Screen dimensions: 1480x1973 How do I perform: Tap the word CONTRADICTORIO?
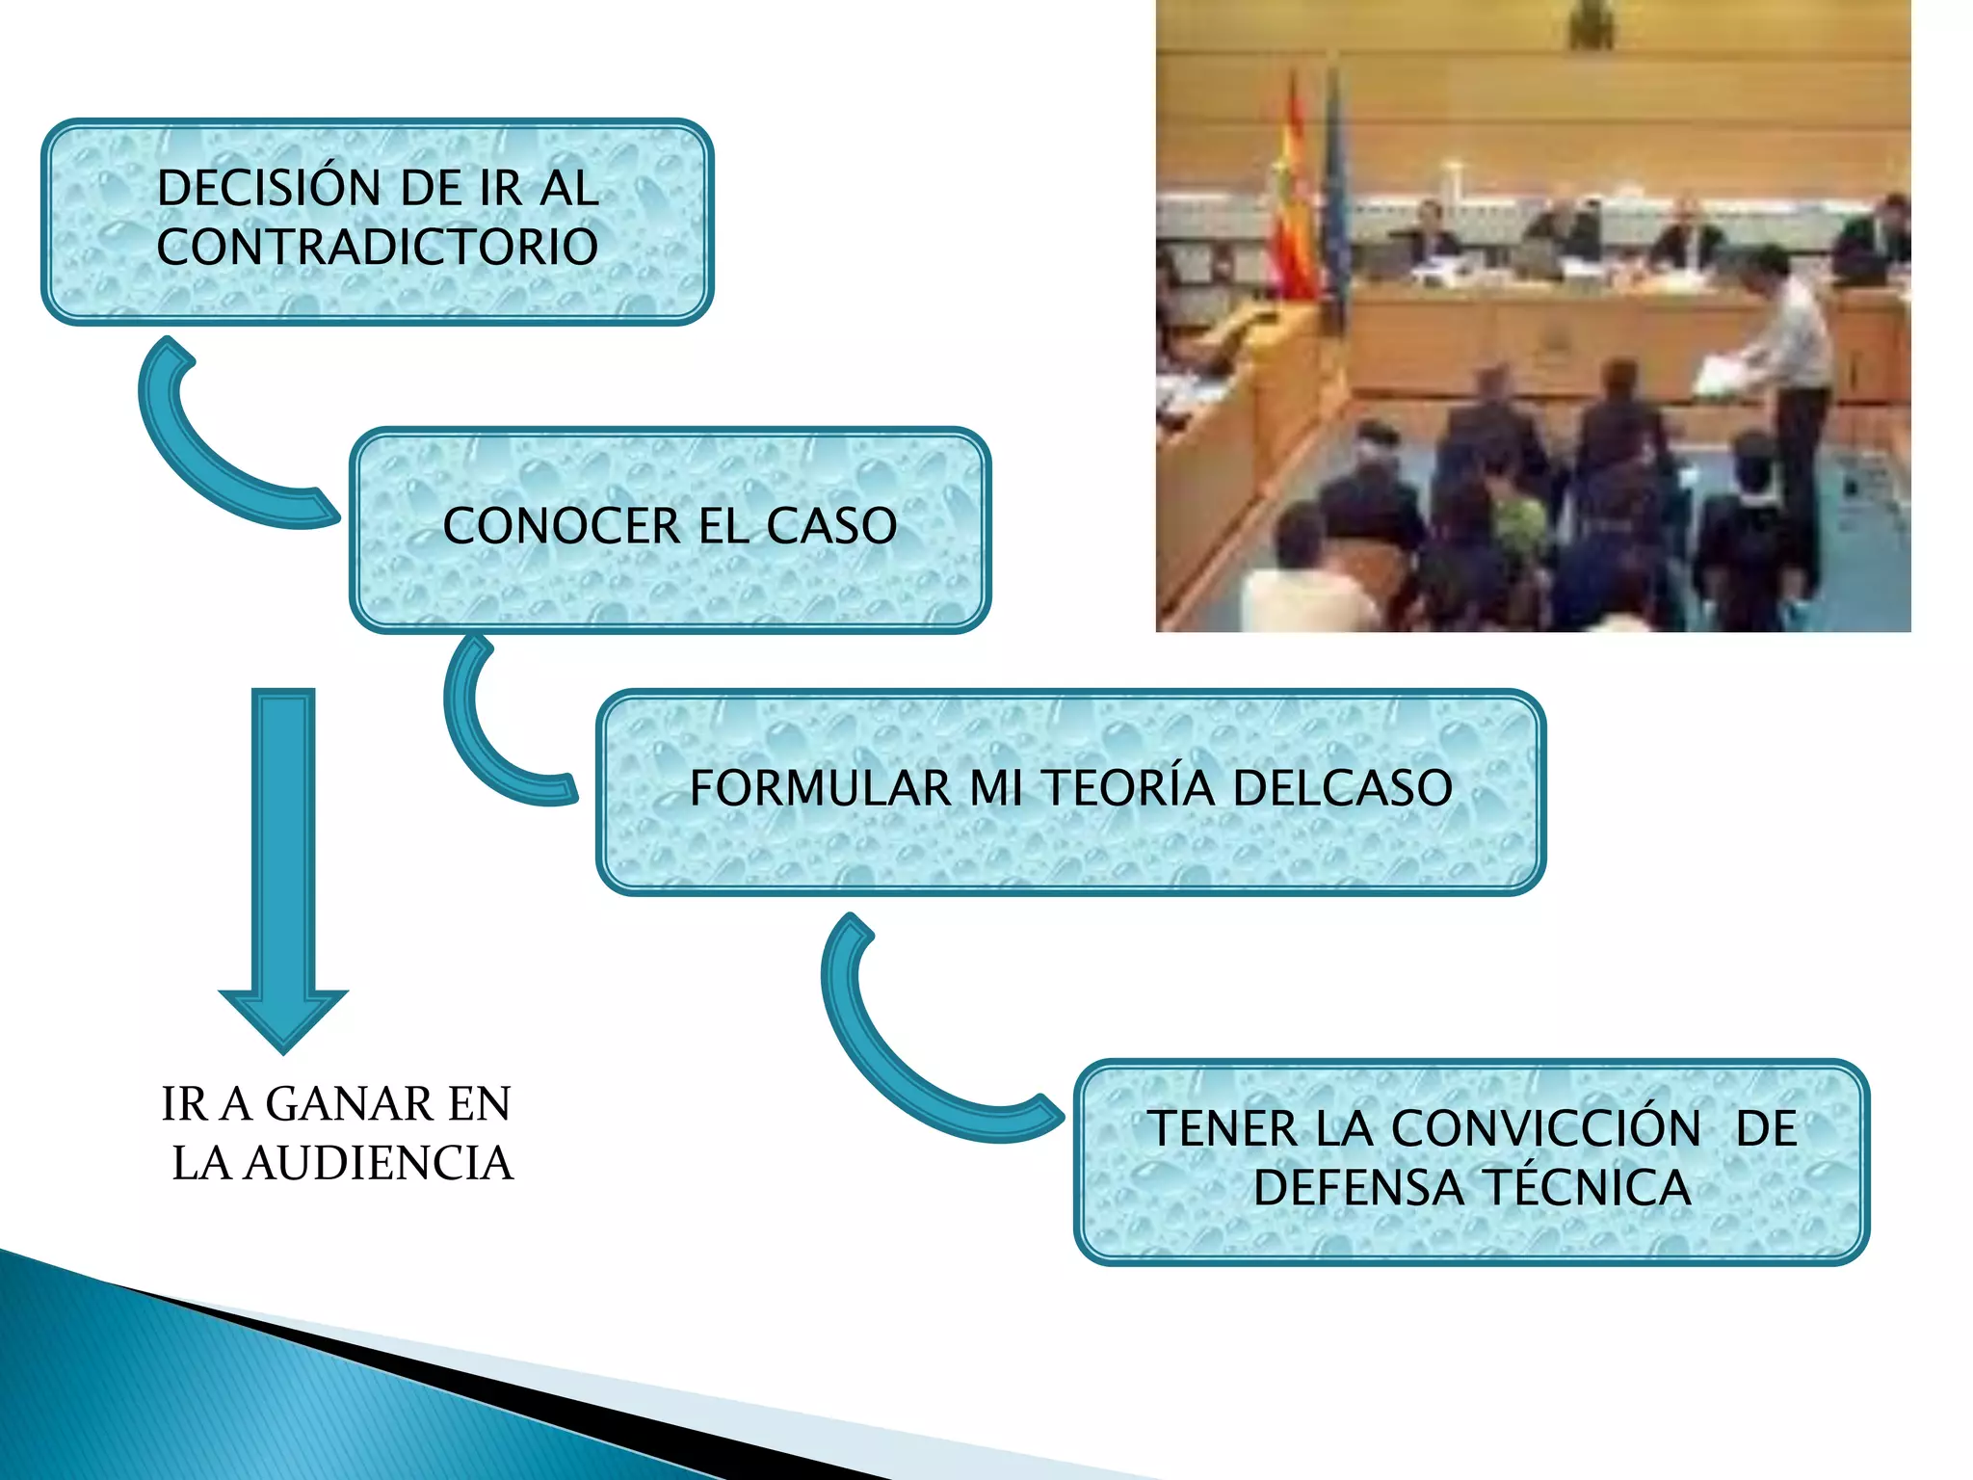click(378, 247)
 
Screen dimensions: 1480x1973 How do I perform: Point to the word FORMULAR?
click(820, 787)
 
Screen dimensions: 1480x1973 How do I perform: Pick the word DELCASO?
click(1342, 787)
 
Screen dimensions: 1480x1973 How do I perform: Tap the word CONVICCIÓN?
click(1546, 1128)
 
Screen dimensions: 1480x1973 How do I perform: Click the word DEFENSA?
click(1357, 1187)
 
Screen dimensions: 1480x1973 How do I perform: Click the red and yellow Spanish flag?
click(1294, 202)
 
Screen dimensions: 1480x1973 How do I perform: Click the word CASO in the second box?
click(831, 526)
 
